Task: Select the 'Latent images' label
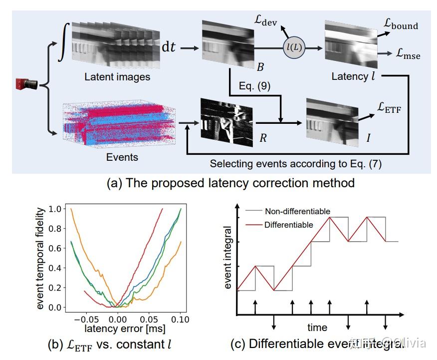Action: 117,77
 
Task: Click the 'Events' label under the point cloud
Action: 122,157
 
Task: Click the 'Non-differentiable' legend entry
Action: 297,211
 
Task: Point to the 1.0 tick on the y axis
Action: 56,209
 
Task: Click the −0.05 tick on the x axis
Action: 86,318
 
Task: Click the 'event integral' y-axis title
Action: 228,257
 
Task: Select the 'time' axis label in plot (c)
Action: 317,328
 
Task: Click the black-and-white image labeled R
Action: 226,120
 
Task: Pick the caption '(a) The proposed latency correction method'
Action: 230,183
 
